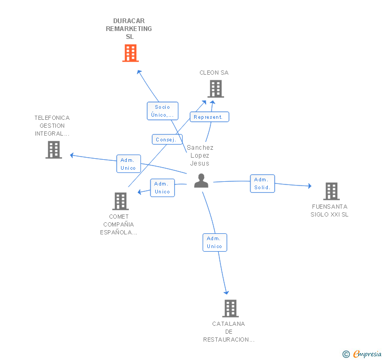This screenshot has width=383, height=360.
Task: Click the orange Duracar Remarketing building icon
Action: (x=130, y=53)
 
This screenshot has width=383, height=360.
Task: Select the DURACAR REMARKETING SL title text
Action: (x=129, y=29)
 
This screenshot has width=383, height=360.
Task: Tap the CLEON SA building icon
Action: (x=216, y=89)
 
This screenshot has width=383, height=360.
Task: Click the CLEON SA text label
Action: (x=214, y=73)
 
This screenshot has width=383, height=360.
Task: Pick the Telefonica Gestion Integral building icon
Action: (x=54, y=150)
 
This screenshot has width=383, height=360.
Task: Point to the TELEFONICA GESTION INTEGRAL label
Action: (x=52, y=126)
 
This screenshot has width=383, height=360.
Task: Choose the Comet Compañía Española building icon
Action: (x=120, y=201)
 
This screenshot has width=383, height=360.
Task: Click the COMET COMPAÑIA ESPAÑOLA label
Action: (x=119, y=224)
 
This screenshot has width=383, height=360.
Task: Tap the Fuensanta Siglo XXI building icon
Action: (x=331, y=191)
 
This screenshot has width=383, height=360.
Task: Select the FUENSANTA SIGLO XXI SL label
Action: (x=329, y=210)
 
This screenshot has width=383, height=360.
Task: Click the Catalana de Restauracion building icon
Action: (x=230, y=308)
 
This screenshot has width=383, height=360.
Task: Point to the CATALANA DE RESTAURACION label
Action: (x=229, y=332)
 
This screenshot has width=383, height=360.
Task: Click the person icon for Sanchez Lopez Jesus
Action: (x=201, y=180)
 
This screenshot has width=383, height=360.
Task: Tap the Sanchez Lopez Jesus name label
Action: (x=200, y=156)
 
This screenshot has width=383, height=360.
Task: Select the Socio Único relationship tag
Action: (x=163, y=111)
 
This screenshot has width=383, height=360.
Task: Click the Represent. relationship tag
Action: (x=209, y=117)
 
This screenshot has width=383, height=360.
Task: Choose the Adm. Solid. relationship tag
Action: (x=262, y=183)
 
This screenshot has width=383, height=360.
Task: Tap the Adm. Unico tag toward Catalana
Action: (x=215, y=242)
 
